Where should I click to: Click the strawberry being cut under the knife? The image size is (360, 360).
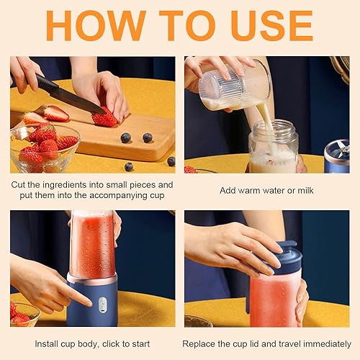104,118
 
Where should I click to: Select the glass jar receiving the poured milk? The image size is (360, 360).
274,147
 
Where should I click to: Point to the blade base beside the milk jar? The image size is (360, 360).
337,156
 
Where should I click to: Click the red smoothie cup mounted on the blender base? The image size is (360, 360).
93,245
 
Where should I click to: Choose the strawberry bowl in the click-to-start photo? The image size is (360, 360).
24,314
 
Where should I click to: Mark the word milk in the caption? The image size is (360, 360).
305,190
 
